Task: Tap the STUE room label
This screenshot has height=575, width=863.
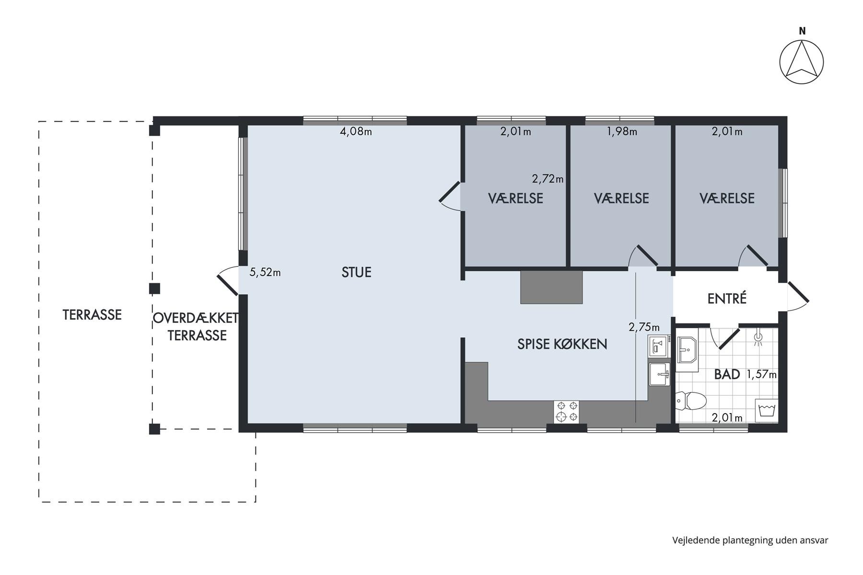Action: [x=356, y=272]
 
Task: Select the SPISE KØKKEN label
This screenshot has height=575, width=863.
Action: [x=562, y=344]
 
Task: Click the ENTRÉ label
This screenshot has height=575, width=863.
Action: [x=727, y=299]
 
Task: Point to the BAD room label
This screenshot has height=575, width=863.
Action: [x=727, y=374]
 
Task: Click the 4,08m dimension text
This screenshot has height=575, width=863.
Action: [x=356, y=131]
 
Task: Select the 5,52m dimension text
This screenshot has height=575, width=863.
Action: [x=265, y=272]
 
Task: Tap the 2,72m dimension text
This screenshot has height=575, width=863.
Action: [x=548, y=179]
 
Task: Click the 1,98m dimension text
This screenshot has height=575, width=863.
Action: [x=622, y=131]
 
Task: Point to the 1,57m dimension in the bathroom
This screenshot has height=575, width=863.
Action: [x=762, y=375]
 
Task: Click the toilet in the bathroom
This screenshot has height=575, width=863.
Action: [x=691, y=400]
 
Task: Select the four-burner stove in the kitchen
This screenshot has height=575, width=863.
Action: [x=566, y=412]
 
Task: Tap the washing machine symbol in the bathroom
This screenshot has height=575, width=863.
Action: [x=766, y=411]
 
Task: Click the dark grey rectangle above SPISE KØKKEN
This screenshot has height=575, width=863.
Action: [x=551, y=287]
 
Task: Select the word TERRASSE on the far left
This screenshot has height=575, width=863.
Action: [x=92, y=315]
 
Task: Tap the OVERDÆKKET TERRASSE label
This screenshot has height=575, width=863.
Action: [x=197, y=327]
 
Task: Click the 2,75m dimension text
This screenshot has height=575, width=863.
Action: [x=644, y=327]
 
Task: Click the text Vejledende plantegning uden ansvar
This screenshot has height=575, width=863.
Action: [x=750, y=540]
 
